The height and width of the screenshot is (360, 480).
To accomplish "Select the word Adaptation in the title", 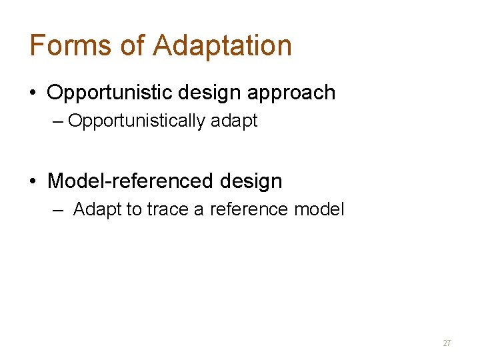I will click(x=223, y=45).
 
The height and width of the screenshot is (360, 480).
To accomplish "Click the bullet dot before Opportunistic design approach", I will click(x=33, y=93).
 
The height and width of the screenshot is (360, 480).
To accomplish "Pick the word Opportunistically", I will click(x=137, y=121).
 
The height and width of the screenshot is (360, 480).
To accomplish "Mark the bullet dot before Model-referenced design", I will click(x=33, y=181).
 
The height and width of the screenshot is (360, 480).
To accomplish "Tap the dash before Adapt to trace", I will click(x=59, y=209).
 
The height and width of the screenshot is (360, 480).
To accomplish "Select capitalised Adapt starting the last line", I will click(x=98, y=210).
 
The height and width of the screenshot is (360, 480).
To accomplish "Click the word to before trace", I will click(x=135, y=210).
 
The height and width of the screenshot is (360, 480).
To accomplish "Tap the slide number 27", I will click(x=447, y=343).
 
